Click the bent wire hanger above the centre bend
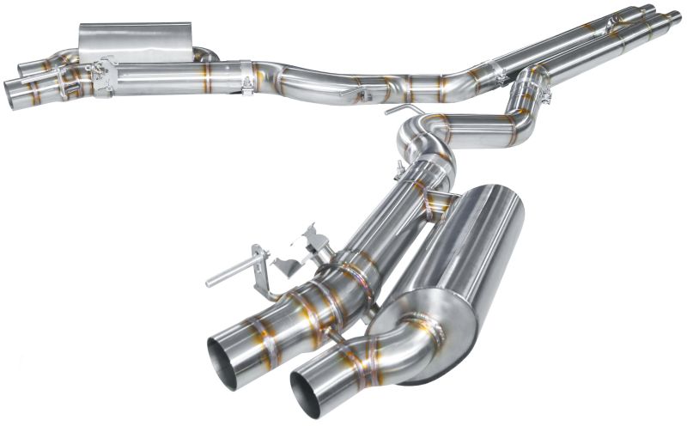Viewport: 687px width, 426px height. point(402,111)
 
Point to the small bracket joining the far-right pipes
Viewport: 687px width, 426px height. point(615,25)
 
